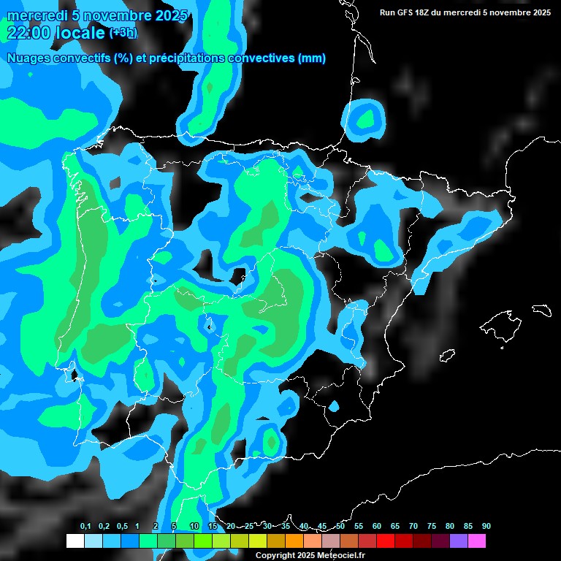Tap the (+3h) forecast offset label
(x=122, y=33)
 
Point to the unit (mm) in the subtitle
(x=312, y=58)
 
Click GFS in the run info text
(x=405, y=12)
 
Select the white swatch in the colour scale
(x=75, y=541)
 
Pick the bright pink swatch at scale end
(x=476, y=541)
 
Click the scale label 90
(x=486, y=527)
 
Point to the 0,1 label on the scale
(x=85, y=527)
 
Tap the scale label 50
(x=340, y=527)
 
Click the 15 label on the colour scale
(x=213, y=527)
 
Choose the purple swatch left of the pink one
(x=458, y=541)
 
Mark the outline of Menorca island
(x=541, y=309)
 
